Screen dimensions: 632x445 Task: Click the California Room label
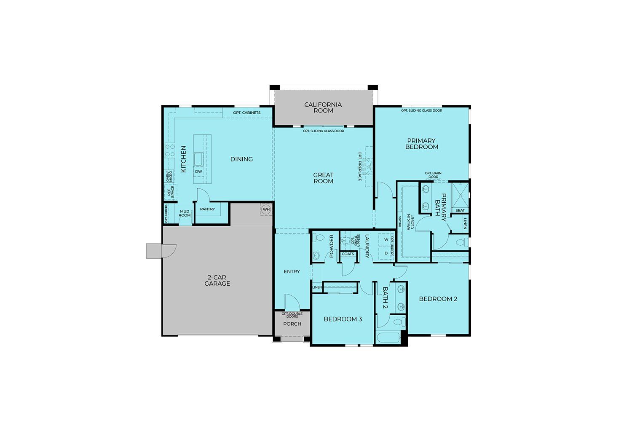tap(323, 107)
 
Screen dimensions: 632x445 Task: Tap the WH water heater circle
tap(266, 209)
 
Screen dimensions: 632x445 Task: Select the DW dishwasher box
tap(198, 172)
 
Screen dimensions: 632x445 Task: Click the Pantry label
tap(207, 209)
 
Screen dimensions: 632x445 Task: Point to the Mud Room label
tap(185, 213)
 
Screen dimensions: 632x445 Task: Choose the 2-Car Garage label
tap(217, 281)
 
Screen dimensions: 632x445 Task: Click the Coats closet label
tap(348, 254)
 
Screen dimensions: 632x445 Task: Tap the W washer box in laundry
tap(386, 240)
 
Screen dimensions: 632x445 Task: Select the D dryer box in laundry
tap(386, 253)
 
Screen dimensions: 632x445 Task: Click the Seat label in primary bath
tap(460, 210)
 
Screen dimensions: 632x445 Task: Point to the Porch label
tap(292, 324)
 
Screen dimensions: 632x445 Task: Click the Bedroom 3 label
tap(343, 319)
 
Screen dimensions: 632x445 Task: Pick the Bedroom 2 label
tap(438, 299)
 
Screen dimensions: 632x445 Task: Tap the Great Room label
tap(323, 178)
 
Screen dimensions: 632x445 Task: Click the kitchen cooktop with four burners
tap(170, 150)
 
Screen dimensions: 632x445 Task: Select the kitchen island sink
tap(198, 159)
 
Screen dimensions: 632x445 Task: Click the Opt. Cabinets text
tap(246, 113)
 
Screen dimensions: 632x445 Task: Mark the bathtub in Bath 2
tap(388, 338)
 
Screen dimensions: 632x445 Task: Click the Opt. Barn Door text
tap(433, 175)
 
